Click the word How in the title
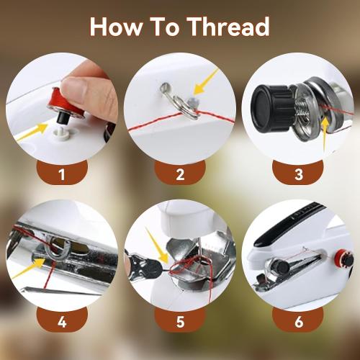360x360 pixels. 116,27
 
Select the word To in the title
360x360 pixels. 165,27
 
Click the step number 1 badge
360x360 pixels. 61,174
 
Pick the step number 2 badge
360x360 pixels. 179,174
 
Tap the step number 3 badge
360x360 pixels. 297,174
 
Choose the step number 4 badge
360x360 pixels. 61,320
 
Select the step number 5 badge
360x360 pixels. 179,320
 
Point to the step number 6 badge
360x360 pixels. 297,320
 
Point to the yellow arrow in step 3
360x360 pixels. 325,136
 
